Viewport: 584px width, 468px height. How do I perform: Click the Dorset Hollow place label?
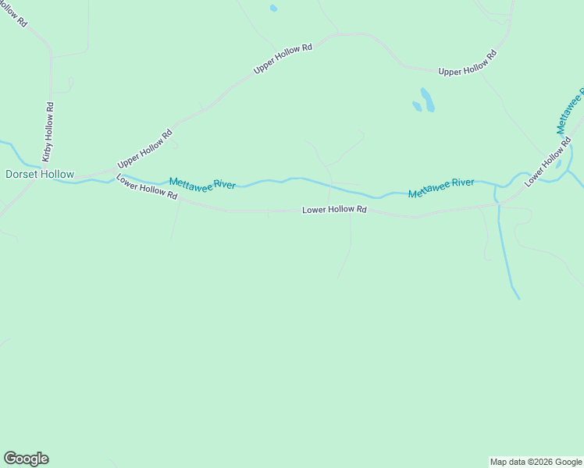[x=40, y=175]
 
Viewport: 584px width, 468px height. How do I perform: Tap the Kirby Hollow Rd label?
[x=49, y=131]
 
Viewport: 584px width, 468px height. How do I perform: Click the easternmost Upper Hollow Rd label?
[x=467, y=63]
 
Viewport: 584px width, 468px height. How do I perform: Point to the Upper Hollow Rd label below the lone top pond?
[x=283, y=58]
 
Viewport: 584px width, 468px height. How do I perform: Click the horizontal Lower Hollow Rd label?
[x=334, y=210]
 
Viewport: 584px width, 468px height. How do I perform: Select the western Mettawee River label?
[x=202, y=184]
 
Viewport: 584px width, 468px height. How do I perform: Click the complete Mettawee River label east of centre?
[x=440, y=187]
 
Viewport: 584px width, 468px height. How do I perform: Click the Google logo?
[x=26, y=459]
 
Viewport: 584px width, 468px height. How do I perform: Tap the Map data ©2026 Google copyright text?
[x=536, y=462]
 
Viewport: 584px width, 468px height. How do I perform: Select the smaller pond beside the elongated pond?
[x=417, y=106]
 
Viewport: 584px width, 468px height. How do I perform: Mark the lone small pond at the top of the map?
[x=273, y=9]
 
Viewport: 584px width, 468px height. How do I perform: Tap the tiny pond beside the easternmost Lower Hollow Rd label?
[x=557, y=165]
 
